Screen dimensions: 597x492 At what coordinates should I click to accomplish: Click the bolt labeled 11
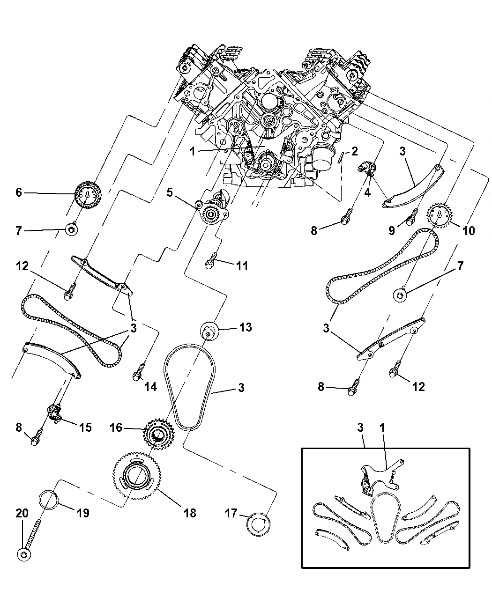[210, 263]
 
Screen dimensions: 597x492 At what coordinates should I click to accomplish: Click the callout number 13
[245, 327]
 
